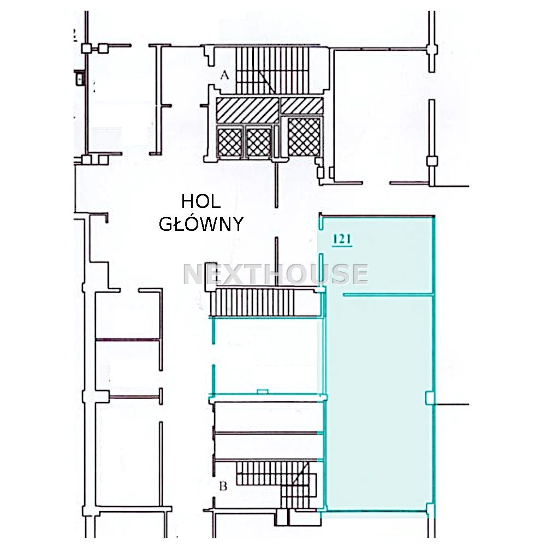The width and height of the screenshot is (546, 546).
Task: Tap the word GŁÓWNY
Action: point(201,224)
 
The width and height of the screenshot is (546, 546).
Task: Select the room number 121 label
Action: point(342,239)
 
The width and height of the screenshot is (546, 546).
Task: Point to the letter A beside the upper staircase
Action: point(225,75)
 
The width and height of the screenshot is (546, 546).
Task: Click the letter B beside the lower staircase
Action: point(223,485)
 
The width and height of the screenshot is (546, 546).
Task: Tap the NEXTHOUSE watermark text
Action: point(275,274)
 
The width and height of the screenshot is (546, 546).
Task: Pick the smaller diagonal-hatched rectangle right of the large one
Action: point(301,105)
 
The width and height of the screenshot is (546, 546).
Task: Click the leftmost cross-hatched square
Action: point(230,142)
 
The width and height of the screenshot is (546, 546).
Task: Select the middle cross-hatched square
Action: point(259,142)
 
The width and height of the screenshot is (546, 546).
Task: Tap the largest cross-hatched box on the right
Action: point(304,137)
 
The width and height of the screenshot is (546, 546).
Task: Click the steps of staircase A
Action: point(272,70)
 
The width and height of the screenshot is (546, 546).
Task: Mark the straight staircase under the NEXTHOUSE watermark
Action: point(254,302)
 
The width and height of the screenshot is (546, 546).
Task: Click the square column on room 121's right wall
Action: point(429,397)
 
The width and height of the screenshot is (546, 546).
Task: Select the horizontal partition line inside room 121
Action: point(388,295)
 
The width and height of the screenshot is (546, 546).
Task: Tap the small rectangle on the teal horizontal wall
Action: point(262,391)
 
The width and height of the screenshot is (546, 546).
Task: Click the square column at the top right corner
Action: point(432,50)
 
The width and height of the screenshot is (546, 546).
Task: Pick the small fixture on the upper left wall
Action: point(80,78)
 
